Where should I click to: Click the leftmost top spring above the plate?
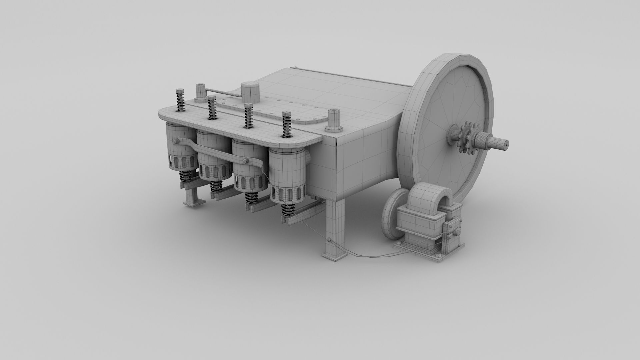point(180,100)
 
